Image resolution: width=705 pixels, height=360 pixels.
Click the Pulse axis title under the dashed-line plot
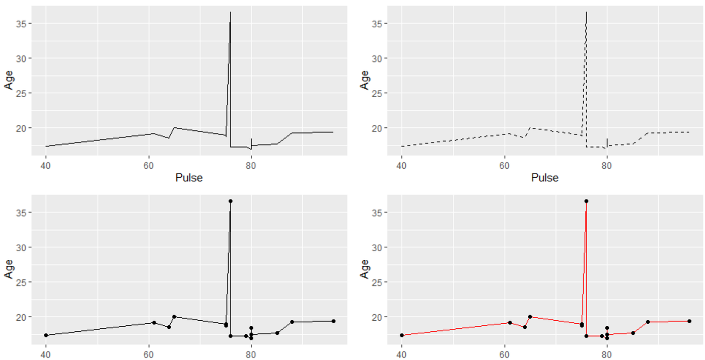click(x=544, y=178)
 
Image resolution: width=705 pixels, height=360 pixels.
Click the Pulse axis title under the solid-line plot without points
click(x=189, y=178)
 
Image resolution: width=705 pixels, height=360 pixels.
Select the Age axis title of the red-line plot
click(x=365, y=269)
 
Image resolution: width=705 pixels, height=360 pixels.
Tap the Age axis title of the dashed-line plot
click(x=365, y=80)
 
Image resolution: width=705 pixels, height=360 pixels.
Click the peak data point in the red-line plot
click(x=586, y=201)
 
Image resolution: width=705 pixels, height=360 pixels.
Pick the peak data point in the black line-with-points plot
click(x=230, y=201)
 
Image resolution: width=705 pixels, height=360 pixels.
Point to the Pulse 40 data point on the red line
click(x=401, y=335)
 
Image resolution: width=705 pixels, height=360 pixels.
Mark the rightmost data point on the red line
click(x=689, y=321)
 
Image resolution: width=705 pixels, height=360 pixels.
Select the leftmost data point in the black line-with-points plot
click(x=46, y=335)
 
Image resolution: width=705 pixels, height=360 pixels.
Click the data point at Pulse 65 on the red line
click(x=530, y=317)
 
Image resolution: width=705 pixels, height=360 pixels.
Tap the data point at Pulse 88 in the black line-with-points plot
click(x=292, y=322)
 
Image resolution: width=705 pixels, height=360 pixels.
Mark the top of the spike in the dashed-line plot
click(x=586, y=12)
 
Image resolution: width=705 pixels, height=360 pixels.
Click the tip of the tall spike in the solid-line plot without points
click(x=230, y=12)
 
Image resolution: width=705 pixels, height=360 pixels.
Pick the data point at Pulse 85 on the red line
click(x=632, y=333)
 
